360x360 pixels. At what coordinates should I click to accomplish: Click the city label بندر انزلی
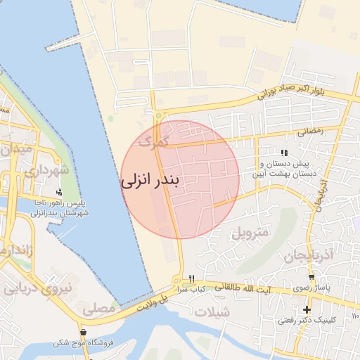pos(150,180)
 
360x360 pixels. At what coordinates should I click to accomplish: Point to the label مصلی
pos(98,308)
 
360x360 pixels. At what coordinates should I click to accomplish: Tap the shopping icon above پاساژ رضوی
pos(311,277)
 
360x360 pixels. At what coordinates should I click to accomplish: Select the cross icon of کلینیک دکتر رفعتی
pos(307,309)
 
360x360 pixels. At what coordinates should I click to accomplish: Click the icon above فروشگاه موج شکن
pos(84,333)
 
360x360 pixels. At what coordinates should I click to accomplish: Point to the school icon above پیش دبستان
pos(284,152)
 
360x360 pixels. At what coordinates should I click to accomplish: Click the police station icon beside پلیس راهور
pos(59,191)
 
